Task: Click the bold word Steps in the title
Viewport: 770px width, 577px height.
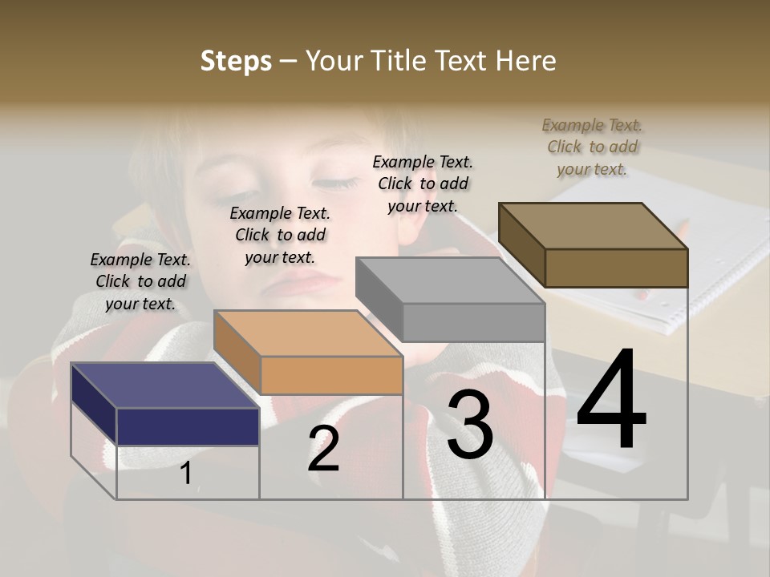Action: (236, 61)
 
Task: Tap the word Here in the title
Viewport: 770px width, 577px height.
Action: (525, 61)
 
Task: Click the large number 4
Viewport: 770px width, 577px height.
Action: (611, 401)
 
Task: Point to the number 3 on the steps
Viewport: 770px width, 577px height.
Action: (470, 426)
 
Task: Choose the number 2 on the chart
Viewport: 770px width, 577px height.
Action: (323, 449)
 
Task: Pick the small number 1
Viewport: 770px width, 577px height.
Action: (186, 473)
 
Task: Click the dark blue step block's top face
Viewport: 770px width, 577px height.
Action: (164, 385)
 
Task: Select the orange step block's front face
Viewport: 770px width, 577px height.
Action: (331, 375)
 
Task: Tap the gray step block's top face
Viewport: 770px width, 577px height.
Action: (449, 280)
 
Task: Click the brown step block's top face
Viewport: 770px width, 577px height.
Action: (594, 226)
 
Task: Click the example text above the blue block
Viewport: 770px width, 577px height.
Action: (140, 281)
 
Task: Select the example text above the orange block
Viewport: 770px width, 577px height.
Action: (280, 235)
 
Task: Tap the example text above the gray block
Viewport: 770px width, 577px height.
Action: (423, 184)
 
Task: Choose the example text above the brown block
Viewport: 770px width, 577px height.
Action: (592, 147)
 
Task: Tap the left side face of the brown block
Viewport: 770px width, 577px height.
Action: (521, 245)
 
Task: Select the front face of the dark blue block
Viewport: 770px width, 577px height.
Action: (188, 426)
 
